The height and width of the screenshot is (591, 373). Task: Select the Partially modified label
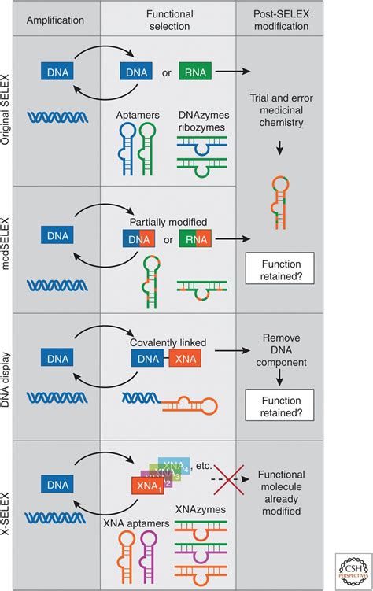(x=168, y=223)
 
